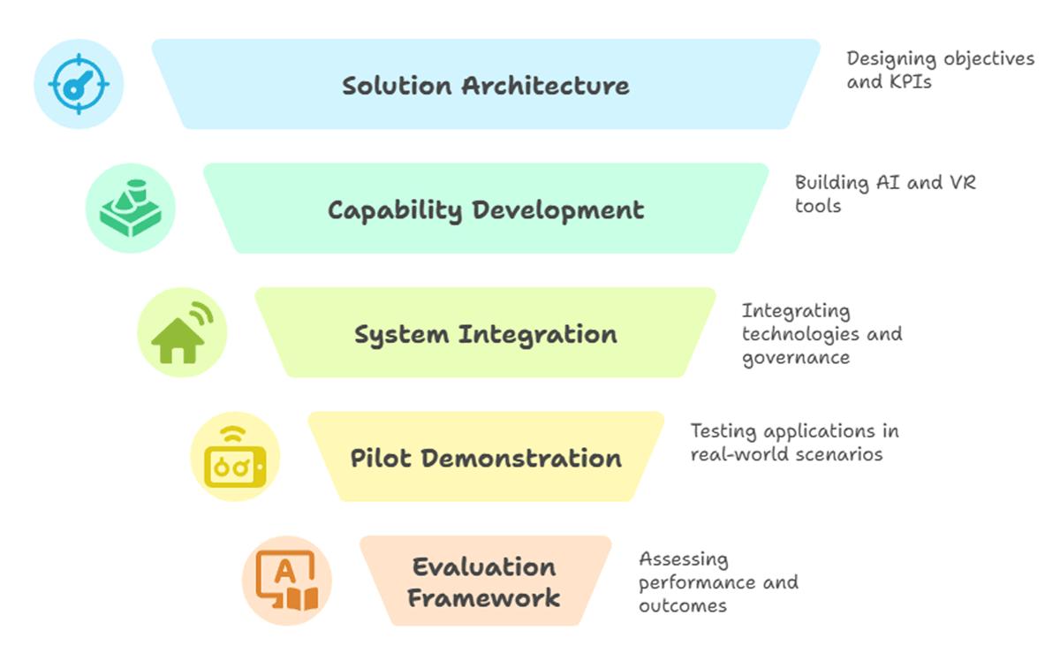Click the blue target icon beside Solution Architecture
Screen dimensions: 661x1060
tap(79, 85)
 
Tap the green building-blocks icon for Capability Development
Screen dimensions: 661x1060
tap(131, 209)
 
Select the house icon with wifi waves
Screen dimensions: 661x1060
tap(182, 333)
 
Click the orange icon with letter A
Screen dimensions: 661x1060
tap(286, 581)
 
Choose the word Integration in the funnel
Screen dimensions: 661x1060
tap(537, 334)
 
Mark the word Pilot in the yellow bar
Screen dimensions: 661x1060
tap(382, 459)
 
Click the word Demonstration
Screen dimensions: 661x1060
tap(521, 459)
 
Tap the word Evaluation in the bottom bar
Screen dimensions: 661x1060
tap(484, 567)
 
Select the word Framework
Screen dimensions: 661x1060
tap(484, 597)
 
